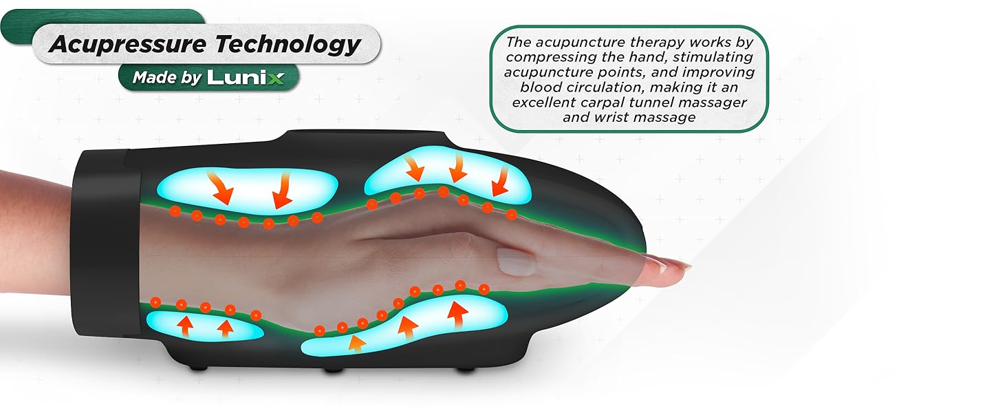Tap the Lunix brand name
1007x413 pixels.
(x=246, y=77)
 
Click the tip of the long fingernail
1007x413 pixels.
(x=689, y=265)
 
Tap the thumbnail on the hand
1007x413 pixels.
(x=514, y=262)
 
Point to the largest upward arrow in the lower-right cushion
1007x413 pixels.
(x=456, y=315)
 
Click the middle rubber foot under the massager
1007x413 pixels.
(x=334, y=370)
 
